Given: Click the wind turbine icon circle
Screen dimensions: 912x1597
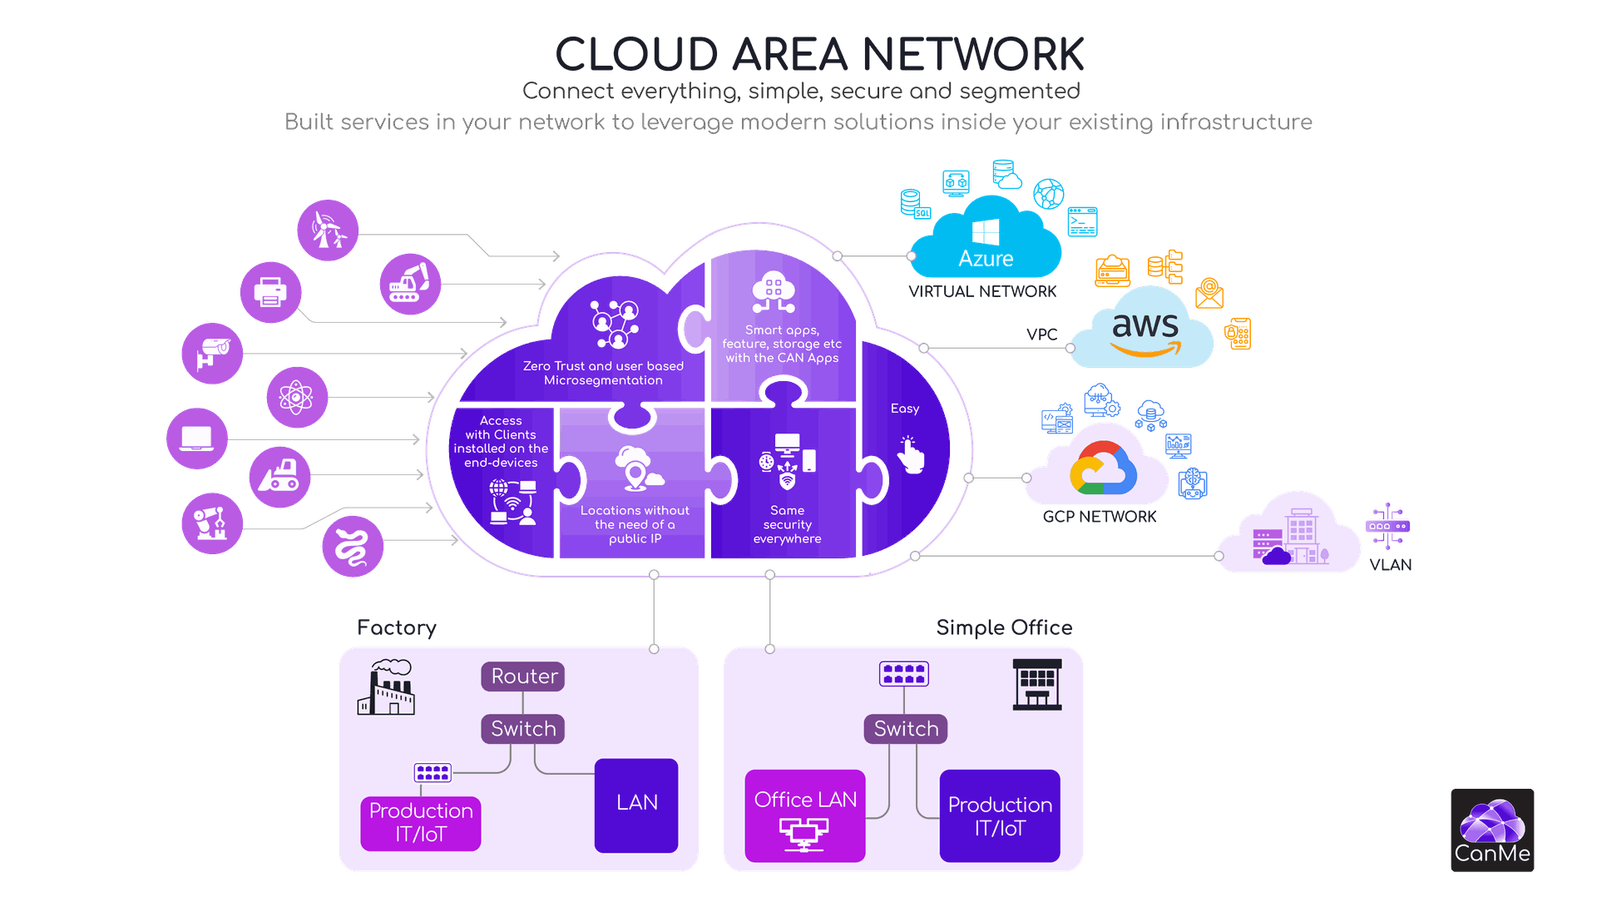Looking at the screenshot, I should (328, 230).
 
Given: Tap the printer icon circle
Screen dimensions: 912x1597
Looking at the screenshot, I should (270, 292).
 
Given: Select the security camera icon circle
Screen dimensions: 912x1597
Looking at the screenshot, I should (212, 353).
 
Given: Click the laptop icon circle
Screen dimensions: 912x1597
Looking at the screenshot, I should (196, 439).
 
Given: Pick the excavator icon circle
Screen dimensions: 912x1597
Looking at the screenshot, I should (409, 284).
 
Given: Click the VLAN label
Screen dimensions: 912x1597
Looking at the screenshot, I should (1390, 564).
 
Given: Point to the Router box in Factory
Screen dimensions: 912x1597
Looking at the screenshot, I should (523, 676).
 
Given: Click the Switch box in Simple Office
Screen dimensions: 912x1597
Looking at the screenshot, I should (905, 728).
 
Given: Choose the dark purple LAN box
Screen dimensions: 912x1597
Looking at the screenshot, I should (636, 804).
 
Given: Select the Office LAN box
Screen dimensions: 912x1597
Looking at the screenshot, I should (804, 815).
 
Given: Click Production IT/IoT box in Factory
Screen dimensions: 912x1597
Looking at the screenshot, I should (421, 822).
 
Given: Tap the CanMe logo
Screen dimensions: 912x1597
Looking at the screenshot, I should (1492, 830).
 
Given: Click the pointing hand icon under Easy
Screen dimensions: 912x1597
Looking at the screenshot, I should (911, 455).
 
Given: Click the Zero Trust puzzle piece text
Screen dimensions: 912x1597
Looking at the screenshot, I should (603, 373).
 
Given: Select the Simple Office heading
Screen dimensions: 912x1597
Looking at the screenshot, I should (1004, 627).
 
